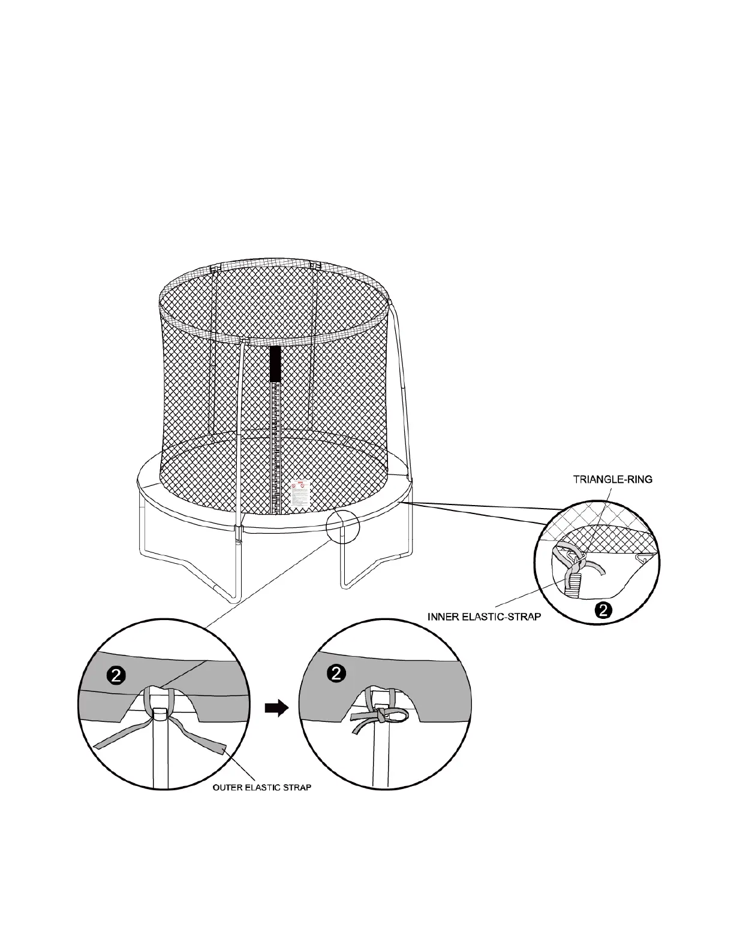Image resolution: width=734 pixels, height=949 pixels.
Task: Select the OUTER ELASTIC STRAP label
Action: pyautogui.click(x=262, y=787)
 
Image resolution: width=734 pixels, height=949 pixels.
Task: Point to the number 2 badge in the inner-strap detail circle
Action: pyautogui.click(x=604, y=610)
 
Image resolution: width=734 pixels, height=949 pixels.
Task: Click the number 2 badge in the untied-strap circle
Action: pyautogui.click(x=116, y=675)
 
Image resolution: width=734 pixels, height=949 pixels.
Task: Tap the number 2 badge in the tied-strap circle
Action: pyautogui.click(x=336, y=673)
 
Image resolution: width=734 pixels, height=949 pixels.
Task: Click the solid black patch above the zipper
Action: pyautogui.click(x=275, y=364)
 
